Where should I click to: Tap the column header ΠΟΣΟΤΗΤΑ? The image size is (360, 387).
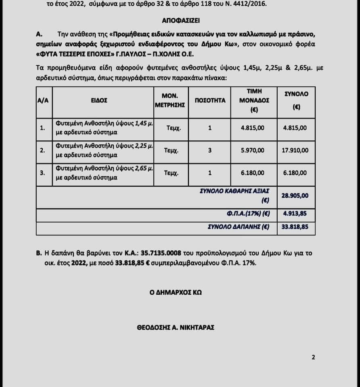(x=210, y=101)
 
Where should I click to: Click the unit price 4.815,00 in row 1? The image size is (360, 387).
(x=253, y=128)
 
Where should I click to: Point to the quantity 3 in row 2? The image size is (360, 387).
(x=210, y=150)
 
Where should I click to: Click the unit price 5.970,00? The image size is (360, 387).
(x=253, y=150)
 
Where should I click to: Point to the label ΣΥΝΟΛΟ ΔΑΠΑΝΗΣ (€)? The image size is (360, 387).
(x=238, y=227)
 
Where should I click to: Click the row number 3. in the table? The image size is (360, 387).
(x=43, y=173)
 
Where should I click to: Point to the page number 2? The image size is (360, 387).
(x=313, y=357)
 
